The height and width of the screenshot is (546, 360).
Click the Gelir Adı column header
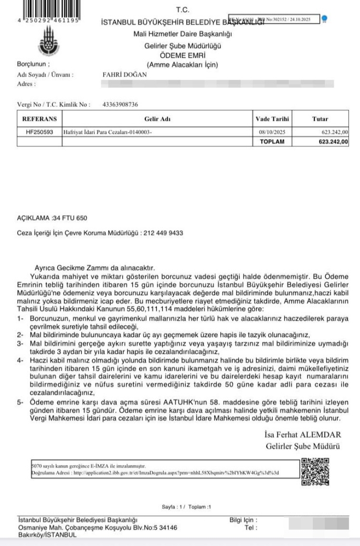click(154, 119)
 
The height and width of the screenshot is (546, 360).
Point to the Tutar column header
click(320, 119)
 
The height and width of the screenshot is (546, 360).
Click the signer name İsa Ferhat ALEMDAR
click(303, 435)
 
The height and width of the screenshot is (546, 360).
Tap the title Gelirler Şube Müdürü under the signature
click(303, 447)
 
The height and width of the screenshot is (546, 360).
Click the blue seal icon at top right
click(324, 18)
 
